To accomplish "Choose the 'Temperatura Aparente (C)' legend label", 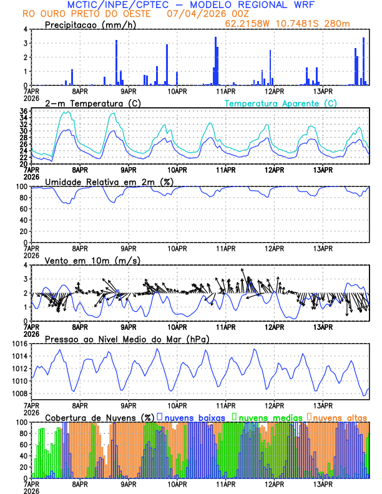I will point(280,103).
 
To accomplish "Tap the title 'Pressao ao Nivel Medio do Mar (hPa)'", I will point(127,339).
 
